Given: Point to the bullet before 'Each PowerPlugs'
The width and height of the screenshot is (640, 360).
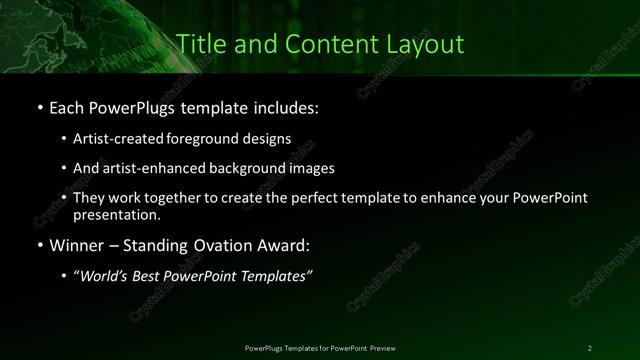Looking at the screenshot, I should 39,106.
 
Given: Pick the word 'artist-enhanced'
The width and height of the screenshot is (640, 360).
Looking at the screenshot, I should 153,169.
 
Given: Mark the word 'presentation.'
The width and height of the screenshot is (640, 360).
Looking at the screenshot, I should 116,215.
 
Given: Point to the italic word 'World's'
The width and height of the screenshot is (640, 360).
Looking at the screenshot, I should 107,277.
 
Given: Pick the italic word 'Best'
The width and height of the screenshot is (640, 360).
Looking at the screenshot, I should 155,277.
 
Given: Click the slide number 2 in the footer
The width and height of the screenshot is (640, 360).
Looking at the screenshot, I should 590,347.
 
